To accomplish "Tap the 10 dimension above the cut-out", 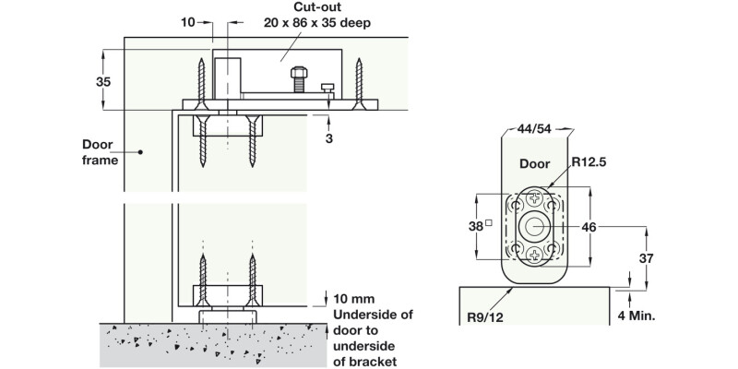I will point(186,20).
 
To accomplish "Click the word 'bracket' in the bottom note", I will point(366,362).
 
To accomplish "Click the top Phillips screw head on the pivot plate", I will point(535,196).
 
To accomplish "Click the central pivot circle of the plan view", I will point(535,225).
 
